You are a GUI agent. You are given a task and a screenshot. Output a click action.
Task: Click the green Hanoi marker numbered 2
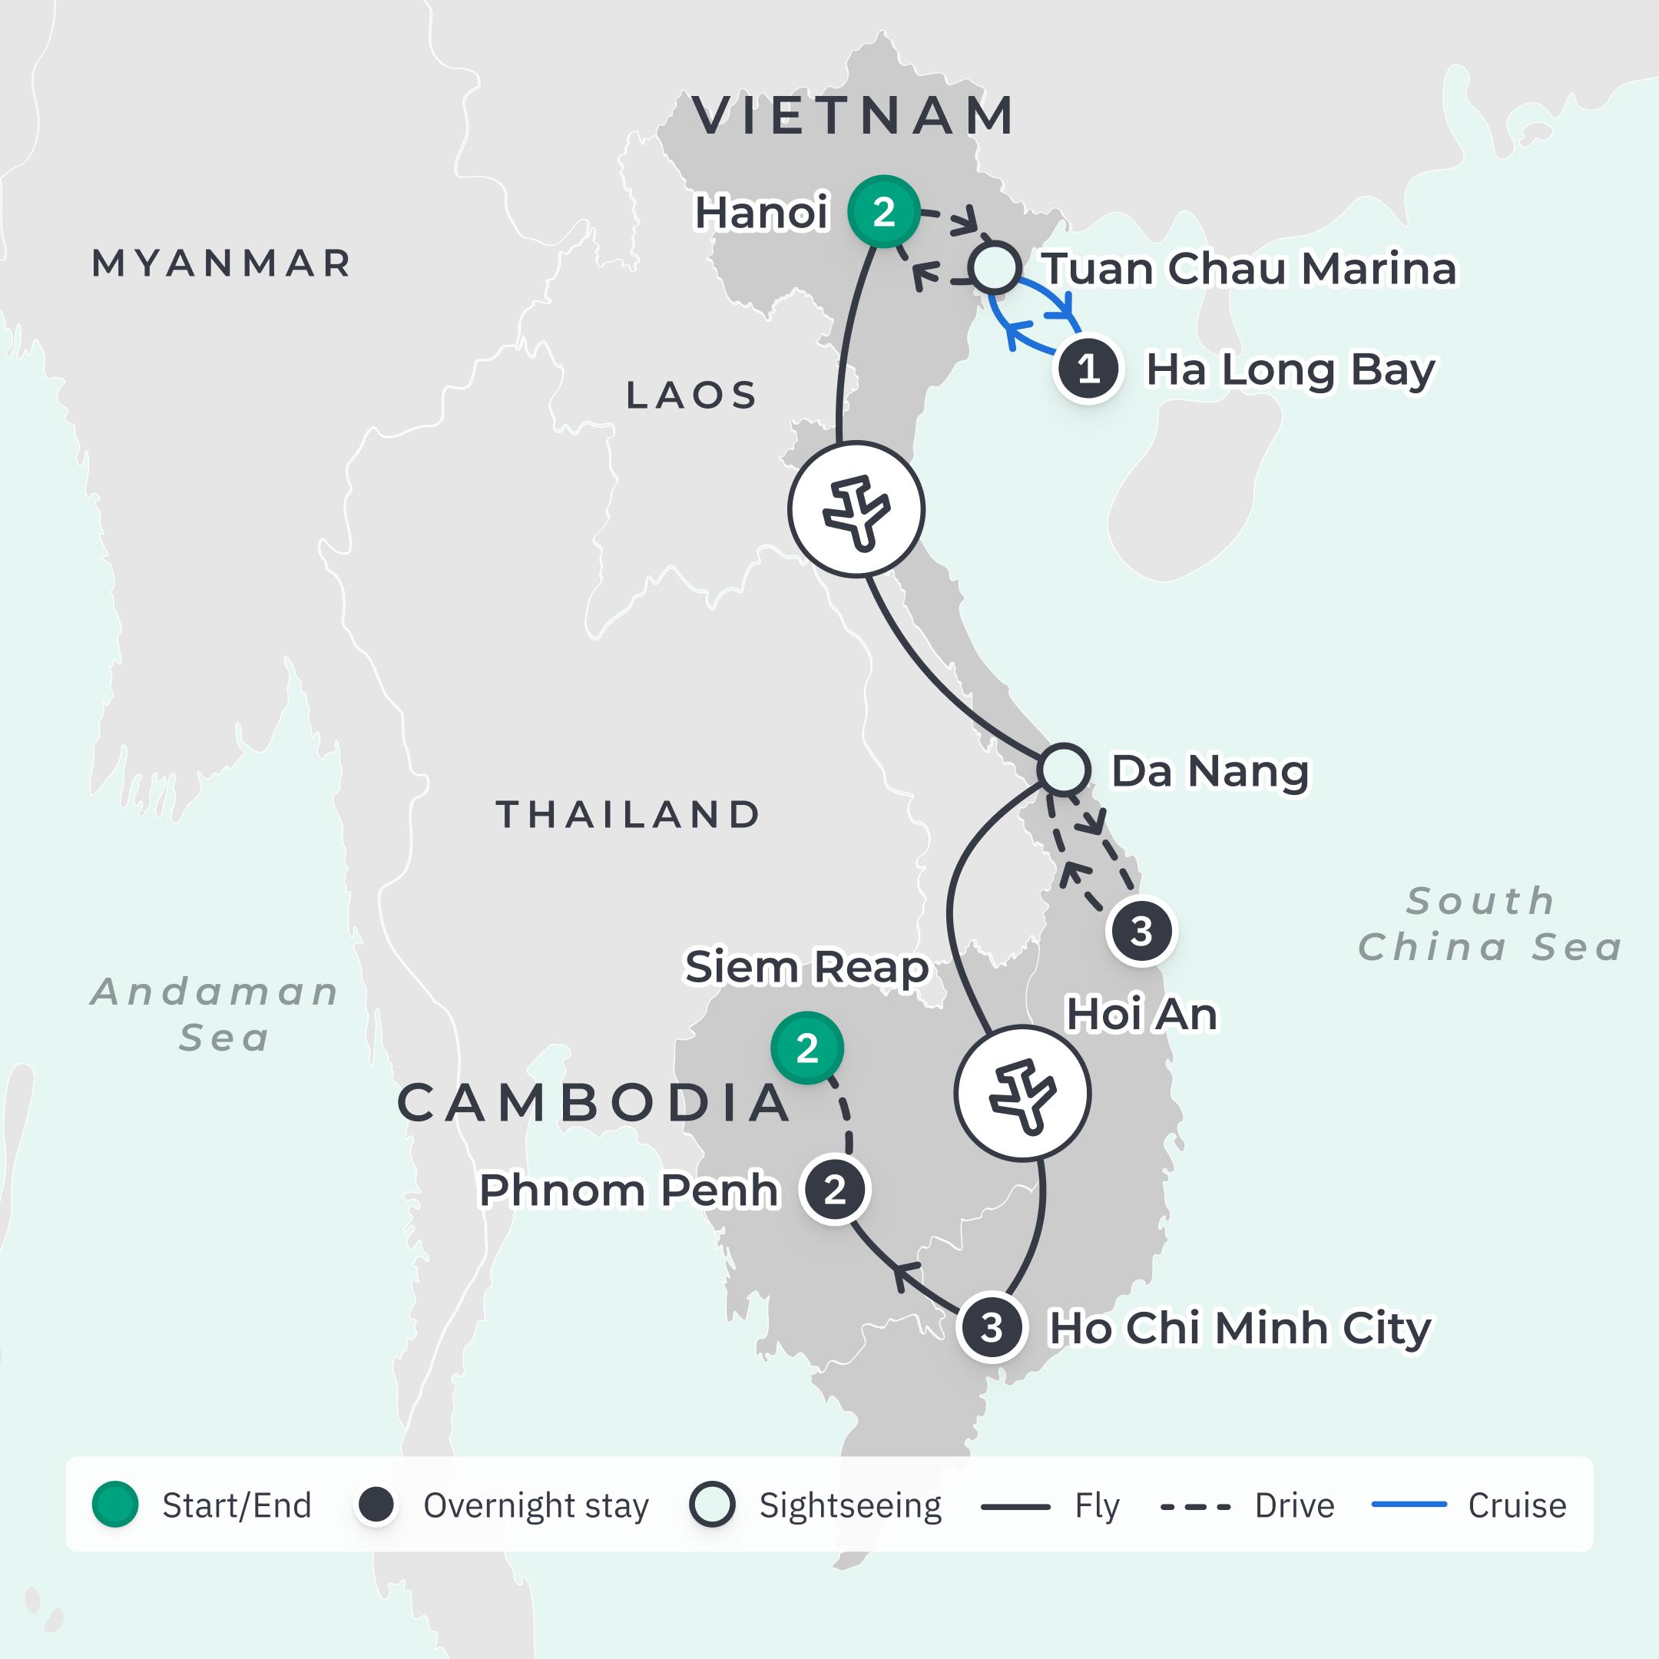(x=883, y=211)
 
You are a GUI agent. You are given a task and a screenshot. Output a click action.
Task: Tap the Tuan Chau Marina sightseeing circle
(x=995, y=268)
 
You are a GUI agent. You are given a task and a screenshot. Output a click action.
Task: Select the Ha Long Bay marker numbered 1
(x=1088, y=369)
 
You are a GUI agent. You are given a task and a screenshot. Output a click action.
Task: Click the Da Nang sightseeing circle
(x=1063, y=769)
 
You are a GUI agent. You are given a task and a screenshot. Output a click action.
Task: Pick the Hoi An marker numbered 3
(x=1141, y=931)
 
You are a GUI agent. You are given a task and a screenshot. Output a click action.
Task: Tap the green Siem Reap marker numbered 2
(x=806, y=1048)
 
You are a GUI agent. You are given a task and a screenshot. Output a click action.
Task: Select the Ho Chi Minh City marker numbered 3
(x=992, y=1327)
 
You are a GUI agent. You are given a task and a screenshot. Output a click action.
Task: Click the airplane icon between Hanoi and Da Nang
(x=856, y=509)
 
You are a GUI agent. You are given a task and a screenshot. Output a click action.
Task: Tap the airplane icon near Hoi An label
(x=1022, y=1094)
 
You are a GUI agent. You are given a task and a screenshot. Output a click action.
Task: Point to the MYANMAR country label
(x=221, y=263)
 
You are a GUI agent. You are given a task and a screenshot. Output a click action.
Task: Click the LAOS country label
(x=691, y=395)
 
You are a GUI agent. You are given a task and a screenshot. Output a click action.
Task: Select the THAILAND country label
(x=628, y=814)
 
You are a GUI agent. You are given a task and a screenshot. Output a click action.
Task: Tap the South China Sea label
(x=1490, y=924)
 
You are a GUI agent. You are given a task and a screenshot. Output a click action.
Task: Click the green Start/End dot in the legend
(x=115, y=1505)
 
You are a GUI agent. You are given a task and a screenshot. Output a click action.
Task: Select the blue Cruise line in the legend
(x=1409, y=1505)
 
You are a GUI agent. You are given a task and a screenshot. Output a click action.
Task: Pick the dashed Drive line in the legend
(x=1195, y=1505)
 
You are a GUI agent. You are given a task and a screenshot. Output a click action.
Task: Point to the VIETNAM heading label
(x=853, y=115)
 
